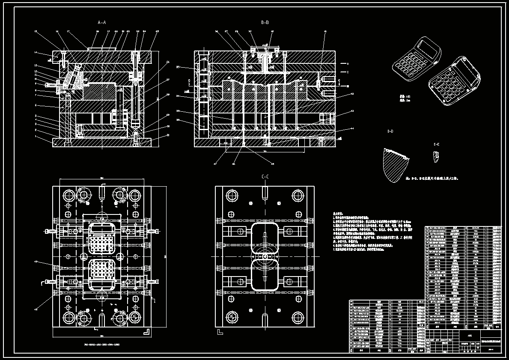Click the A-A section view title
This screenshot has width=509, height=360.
(x=101, y=22)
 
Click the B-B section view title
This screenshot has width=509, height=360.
(x=265, y=22)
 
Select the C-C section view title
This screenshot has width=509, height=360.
(x=265, y=177)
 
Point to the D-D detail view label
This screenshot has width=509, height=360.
(x=390, y=131)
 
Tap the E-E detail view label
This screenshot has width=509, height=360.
(x=436, y=145)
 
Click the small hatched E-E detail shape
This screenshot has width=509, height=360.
(x=436, y=157)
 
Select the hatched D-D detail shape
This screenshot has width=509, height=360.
(x=395, y=164)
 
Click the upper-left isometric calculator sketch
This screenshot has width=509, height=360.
(x=417, y=58)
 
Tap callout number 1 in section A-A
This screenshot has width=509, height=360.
(x=36, y=136)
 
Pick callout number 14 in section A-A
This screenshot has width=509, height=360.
(x=36, y=53)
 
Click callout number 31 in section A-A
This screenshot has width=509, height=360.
(x=156, y=136)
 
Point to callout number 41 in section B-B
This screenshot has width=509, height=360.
(x=325, y=31)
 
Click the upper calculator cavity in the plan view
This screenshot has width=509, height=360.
(x=102, y=238)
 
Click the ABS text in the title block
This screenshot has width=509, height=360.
(x=470, y=336)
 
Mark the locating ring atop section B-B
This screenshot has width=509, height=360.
(x=265, y=48)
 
